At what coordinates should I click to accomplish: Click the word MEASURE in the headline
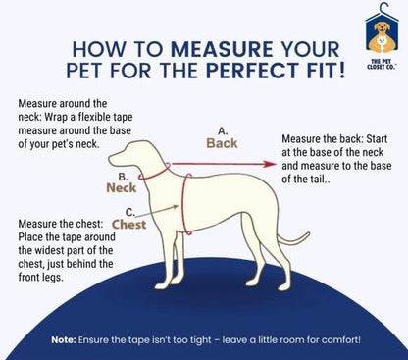tap(222, 49)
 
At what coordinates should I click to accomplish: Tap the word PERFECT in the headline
tap(252, 70)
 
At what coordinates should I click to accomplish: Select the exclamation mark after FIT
tap(341, 70)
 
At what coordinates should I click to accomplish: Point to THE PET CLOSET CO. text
tap(382, 64)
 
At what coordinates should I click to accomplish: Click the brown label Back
tap(222, 143)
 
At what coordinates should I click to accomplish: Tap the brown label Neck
tap(122, 188)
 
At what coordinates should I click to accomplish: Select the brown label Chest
tap(128, 225)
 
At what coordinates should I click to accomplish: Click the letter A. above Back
tap(223, 131)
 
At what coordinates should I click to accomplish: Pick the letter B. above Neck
tap(123, 177)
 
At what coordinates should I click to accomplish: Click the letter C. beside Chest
tap(130, 213)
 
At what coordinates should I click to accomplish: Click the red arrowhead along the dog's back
tap(271, 164)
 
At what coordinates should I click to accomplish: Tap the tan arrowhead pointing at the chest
tap(176, 207)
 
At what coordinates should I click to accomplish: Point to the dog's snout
tap(115, 160)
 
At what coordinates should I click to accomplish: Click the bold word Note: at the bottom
tap(64, 340)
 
